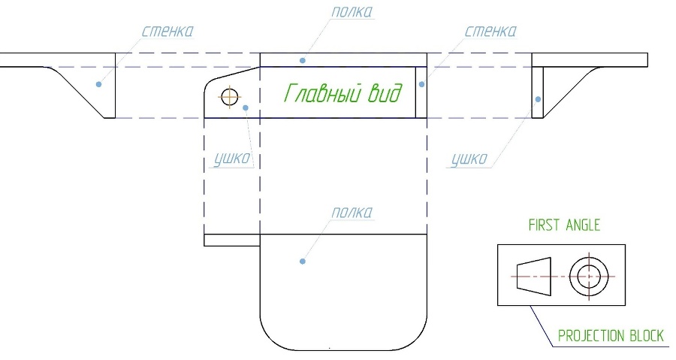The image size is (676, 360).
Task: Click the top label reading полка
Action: point(352,11)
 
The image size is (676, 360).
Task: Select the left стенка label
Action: point(167,31)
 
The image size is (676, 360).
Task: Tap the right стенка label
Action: point(490,31)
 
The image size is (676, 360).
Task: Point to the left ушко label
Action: point(232,159)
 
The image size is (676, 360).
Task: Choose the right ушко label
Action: point(469,159)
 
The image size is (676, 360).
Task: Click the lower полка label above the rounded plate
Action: point(352,213)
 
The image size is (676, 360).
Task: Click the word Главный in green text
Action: point(322,93)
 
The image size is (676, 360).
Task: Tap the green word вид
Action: point(385,92)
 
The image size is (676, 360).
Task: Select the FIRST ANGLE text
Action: point(564,225)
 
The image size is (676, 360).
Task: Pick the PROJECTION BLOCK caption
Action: point(611,336)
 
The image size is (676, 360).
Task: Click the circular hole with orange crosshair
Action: point(230,96)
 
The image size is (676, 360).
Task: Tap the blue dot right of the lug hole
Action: point(246,107)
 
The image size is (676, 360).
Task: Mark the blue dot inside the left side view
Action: point(98,84)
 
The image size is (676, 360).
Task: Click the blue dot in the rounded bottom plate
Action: point(303,262)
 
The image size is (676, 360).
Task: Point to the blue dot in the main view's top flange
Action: point(303,60)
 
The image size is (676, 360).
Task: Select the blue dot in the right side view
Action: point(538,99)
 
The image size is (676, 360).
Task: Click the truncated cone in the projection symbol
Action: point(534,277)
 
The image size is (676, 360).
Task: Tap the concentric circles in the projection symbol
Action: point(589,277)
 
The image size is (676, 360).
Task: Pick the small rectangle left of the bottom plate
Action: point(232,241)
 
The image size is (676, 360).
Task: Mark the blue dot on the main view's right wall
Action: point(421,84)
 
